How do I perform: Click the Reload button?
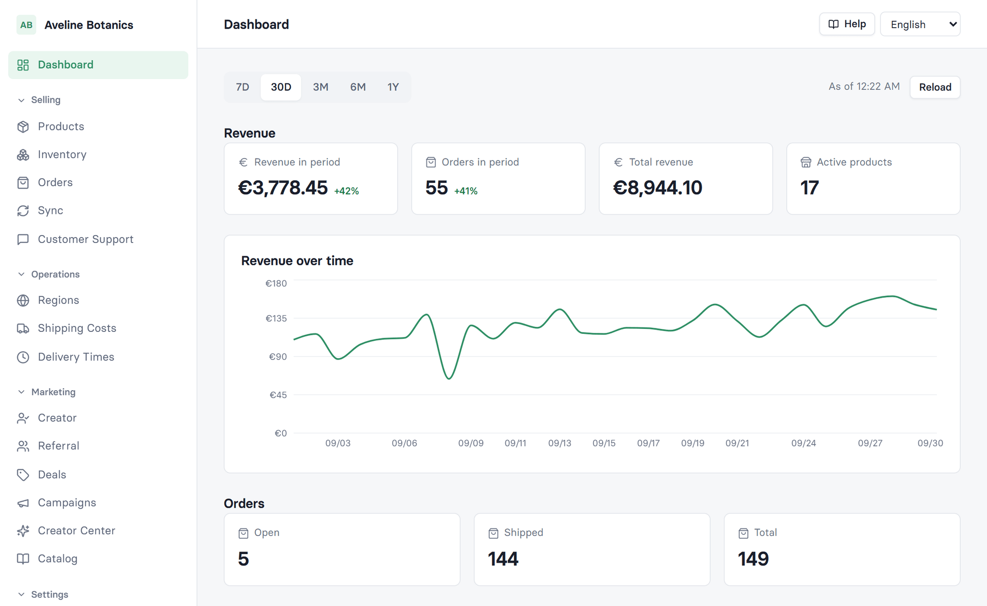click(x=935, y=87)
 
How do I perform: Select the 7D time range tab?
click(x=242, y=87)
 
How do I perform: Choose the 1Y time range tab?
click(x=393, y=87)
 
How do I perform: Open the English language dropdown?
click(x=920, y=24)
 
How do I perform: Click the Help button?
click(x=847, y=24)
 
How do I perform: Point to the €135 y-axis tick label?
click(x=276, y=319)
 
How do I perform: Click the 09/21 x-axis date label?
click(x=737, y=444)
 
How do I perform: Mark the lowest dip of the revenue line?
click(x=449, y=379)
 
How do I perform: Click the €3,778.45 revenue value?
click(x=283, y=188)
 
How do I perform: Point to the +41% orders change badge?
click(x=466, y=191)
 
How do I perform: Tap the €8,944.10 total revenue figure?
click(x=657, y=188)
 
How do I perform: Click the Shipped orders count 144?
click(x=503, y=559)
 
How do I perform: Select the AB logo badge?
click(x=26, y=25)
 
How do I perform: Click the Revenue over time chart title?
click(x=297, y=261)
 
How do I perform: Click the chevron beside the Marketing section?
click(x=21, y=392)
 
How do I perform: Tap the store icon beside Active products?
click(x=806, y=162)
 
